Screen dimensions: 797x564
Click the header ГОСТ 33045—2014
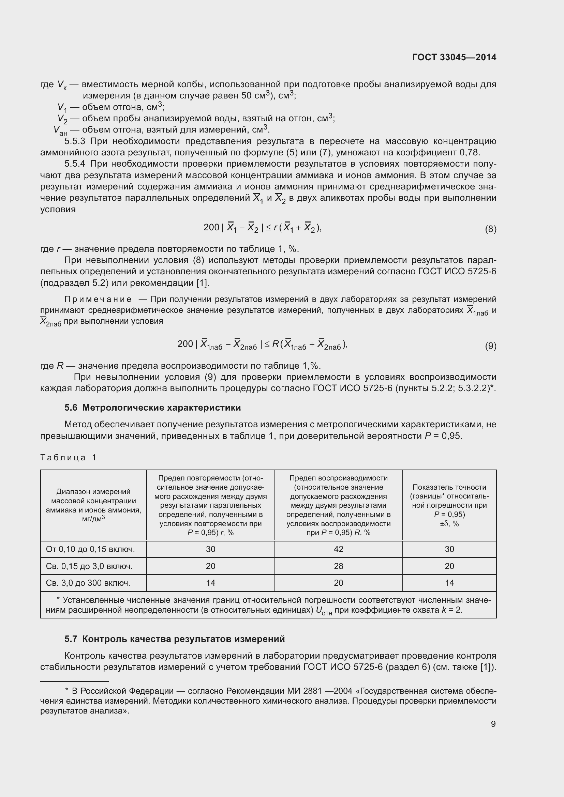(454, 57)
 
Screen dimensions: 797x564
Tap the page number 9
(493, 724)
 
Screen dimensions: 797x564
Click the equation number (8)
(490, 229)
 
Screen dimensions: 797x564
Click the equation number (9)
(490, 346)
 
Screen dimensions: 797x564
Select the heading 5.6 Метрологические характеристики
(152, 408)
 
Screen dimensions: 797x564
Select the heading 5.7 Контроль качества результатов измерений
(174, 639)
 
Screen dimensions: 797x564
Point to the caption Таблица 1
(69, 458)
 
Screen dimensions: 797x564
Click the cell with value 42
(338, 549)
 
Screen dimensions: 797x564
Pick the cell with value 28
(338, 566)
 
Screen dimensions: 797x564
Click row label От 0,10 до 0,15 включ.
(90, 549)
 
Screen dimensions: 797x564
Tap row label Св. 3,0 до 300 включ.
(88, 583)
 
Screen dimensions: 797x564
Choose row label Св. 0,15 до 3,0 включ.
(89, 566)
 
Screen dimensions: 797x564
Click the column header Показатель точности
(449, 505)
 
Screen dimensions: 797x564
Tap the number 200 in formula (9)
(185, 344)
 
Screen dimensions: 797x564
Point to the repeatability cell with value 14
(210, 583)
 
